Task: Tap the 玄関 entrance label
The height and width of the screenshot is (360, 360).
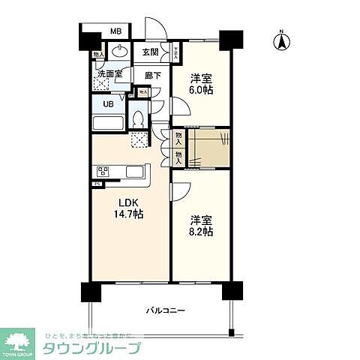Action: tap(150, 52)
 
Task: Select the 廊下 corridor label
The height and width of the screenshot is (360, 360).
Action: tap(153, 76)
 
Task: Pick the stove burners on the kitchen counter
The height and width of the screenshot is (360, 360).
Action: tap(103, 172)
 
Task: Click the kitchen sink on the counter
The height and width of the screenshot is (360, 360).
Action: tap(135, 172)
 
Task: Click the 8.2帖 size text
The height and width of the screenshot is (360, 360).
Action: tap(201, 232)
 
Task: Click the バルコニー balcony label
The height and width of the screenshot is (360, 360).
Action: tap(166, 310)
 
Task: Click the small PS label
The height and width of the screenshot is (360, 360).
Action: tap(97, 184)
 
